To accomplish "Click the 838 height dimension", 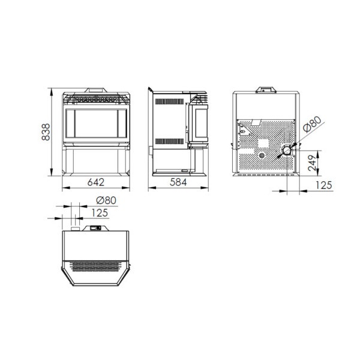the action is (46, 132).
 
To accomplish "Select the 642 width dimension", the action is (96, 182).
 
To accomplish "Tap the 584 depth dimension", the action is (178, 182).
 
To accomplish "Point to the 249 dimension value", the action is (312, 163).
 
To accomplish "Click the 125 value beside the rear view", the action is (324, 185).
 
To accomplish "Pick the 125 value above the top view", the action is (100, 213).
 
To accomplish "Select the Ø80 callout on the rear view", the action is (312, 124).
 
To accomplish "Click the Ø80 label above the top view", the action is (106, 200).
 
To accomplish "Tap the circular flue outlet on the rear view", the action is (287, 151).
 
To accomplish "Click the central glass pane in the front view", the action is (96, 123).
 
